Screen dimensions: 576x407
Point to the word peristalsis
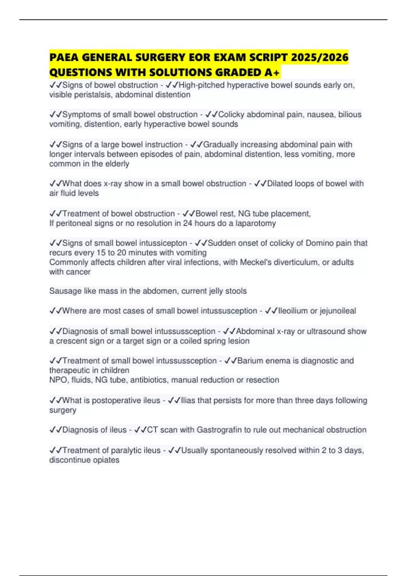pos(95,95)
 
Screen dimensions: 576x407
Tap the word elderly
pos(117,164)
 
